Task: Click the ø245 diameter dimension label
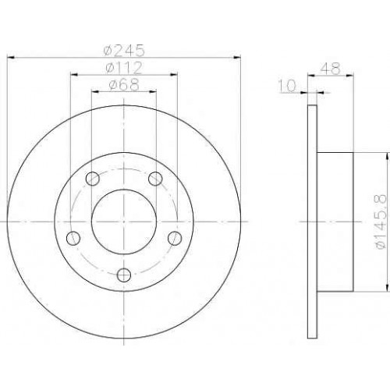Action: point(123,50)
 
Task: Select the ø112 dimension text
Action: point(124,68)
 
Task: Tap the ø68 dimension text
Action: point(124,84)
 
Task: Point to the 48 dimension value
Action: point(330,69)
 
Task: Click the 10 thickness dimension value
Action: point(287,86)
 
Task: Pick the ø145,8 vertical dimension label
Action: point(381,222)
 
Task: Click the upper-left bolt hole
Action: point(93,179)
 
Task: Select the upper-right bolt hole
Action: point(155,179)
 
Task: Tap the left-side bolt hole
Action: point(73,238)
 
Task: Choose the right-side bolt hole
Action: point(175,238)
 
